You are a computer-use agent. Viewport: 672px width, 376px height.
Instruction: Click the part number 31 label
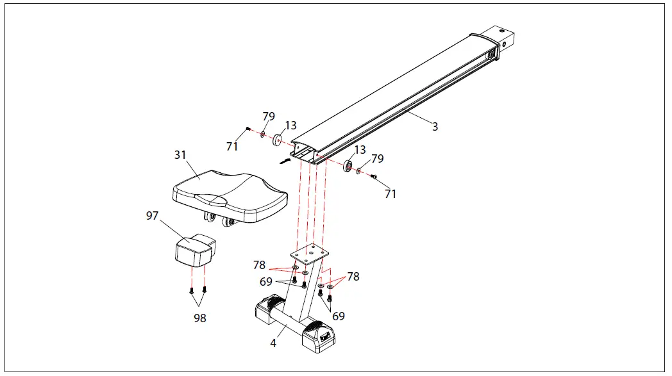(180, 155)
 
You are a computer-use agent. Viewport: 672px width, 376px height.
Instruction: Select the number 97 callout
(152, 216)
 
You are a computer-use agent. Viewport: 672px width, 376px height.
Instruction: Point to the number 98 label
(200, 318)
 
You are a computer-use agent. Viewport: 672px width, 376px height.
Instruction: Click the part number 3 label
(435, 127)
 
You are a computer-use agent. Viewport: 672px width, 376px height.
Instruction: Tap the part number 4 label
(273, 343)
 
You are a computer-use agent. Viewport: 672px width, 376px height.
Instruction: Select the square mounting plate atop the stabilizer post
(310, 253)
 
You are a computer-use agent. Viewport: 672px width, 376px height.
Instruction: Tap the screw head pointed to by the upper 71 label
(248, 129)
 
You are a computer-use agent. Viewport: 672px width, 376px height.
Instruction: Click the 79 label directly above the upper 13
(269, 117)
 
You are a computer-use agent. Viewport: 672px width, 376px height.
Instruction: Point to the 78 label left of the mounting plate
(258, 265)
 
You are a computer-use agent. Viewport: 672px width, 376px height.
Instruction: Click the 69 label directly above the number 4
(339, 316)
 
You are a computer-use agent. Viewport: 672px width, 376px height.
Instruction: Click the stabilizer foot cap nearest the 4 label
(267, 314)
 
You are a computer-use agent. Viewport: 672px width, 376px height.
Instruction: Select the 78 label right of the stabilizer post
(353, 277)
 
